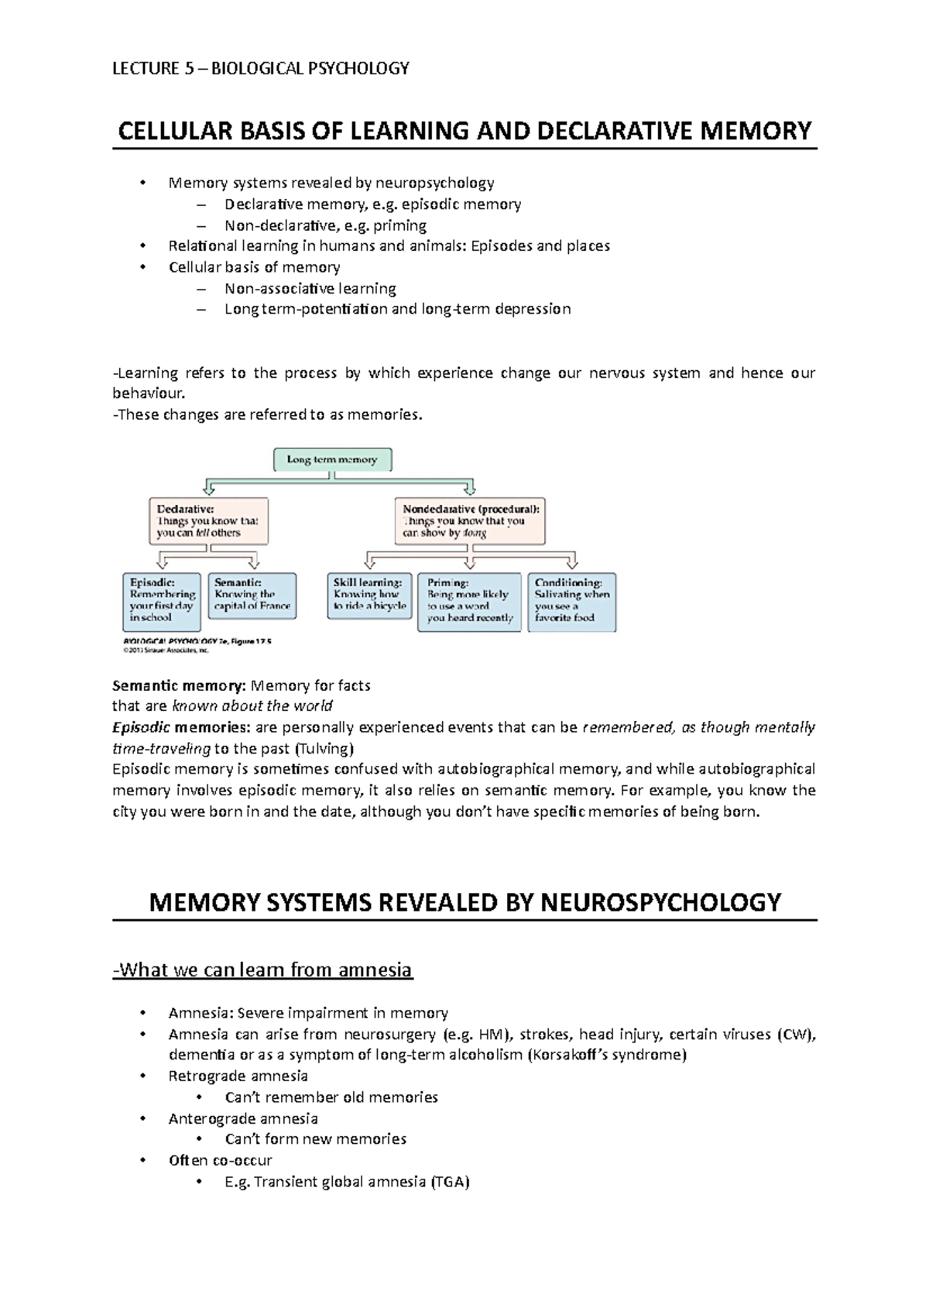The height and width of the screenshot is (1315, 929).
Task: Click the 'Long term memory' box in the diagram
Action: pyautogui.click(x=332, y=459)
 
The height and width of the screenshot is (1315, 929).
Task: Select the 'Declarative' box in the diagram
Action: pyautogui.click(x=208, y=521)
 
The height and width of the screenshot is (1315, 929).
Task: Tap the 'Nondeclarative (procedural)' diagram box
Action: pyautogui.click(x=470, y=521)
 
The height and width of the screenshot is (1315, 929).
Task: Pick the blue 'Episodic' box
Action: pyautogui.click(x=162, y=601)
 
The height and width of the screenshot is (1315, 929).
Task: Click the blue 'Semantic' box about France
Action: pyautogui.click(x=252, y=595)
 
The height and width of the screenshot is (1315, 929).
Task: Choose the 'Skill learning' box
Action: pyautogui.click(x=369, y=595)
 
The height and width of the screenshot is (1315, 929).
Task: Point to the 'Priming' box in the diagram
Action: pyautogui.click(x=469, y=602)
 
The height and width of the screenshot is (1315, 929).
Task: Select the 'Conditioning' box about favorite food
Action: pyautogui.click(x=571, y=602)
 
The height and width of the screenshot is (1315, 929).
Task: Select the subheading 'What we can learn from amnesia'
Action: pyautogui.click(x=262, y=970)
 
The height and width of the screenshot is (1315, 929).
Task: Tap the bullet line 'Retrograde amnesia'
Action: pyautogui.click(x=238, y=1076)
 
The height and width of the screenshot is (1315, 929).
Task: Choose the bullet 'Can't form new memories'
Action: pyautogui.click(x=315, y=1138)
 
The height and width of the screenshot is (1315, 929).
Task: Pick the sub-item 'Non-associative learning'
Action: pyautogui.click(x=310, y=288)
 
